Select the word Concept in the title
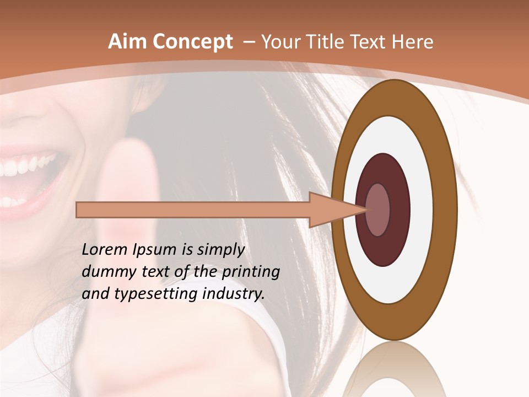tap(193, 42)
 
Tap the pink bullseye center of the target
tap(378, 210)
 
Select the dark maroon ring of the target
tap(384, 248)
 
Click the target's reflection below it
tap(395, 369)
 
